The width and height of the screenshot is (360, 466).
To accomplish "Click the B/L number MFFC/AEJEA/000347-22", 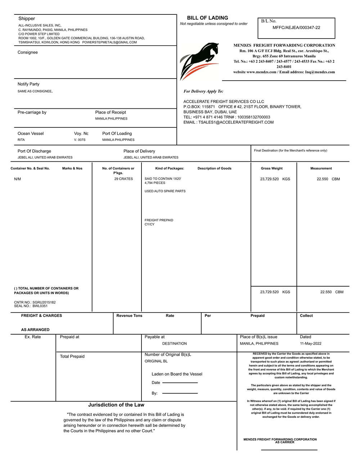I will tap(296, 28).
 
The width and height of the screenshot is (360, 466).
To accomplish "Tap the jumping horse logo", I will tap(200, 61).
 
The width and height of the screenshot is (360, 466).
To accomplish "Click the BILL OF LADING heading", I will tap(207, 18).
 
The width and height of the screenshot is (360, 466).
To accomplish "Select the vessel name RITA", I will tap(21, 140).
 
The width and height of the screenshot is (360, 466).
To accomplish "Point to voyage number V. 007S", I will tap(80, 140).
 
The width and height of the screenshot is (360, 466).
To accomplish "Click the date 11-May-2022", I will tap(310, 344).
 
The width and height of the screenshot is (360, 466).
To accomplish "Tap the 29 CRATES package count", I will tap(123, 179).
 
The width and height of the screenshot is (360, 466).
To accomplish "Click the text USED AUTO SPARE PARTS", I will tap(165, 191).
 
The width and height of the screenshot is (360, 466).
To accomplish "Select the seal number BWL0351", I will tap(40, 306).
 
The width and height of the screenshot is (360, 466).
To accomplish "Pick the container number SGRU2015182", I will tap(44, 303).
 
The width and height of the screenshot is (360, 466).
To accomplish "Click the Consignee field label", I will tap(28, 53).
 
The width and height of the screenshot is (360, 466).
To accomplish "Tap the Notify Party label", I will tap(28, 84).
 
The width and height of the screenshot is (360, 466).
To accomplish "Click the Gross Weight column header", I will tap(271, 169).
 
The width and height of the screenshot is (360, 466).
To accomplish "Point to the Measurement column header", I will tap(321, 169).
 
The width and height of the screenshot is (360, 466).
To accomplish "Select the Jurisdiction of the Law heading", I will tap(116, 405).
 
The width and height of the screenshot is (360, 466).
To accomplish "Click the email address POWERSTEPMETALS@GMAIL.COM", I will tap(109, 42).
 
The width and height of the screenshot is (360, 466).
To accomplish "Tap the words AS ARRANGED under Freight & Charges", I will tap(35, 330).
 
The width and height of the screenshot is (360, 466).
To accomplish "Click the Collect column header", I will tap(306, 316).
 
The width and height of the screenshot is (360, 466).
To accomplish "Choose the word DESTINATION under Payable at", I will tap(174, 344).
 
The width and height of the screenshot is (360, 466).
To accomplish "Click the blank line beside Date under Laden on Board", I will tap(180, 383).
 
